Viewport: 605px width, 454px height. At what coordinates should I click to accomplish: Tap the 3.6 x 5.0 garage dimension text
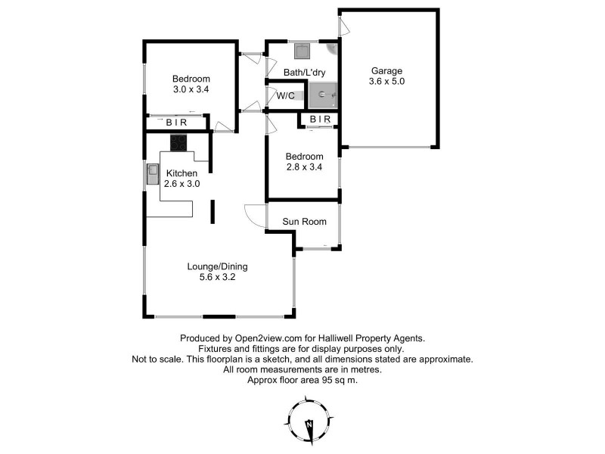(x=387, y=81)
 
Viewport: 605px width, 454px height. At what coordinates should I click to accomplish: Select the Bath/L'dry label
(x=302, y=73)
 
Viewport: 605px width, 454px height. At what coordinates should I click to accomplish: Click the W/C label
(x=286, y=96)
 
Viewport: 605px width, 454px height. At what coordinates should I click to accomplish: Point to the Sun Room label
(x=304, y=222)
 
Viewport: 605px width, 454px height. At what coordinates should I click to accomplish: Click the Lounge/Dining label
(x=218, y=266)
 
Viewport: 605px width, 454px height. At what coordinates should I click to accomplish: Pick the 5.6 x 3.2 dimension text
(x=218, y=278)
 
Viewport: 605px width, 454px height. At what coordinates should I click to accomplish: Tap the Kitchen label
(x=181, y=173)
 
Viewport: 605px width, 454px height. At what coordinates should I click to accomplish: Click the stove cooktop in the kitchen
(x=178, y=142)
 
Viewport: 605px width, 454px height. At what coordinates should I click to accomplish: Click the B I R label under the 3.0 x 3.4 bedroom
(x=178, y=122)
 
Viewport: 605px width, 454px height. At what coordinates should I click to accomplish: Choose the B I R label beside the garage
(x=320, y=120)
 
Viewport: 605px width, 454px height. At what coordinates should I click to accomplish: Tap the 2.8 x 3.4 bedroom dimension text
(x=304, y=168)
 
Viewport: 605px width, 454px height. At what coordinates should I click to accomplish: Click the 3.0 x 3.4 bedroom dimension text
(x=191, y=89)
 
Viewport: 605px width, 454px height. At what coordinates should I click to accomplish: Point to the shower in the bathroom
(x=322, y=95)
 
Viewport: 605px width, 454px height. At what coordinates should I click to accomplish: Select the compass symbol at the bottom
(x=309, y=426)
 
